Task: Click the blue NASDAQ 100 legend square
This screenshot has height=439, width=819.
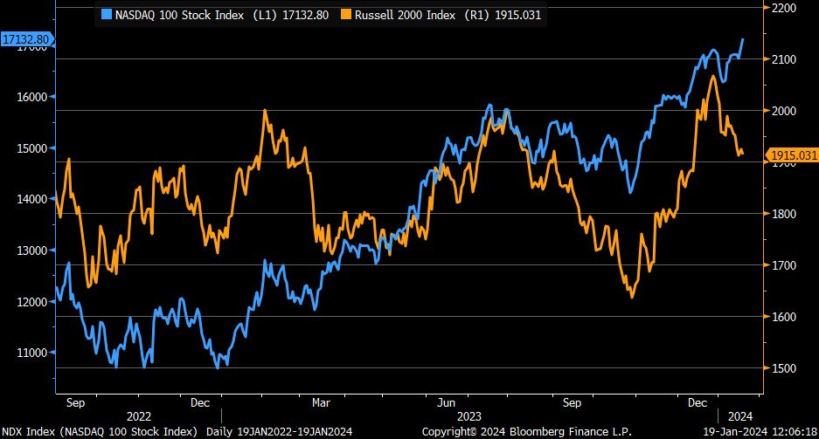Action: [x=107, y=14]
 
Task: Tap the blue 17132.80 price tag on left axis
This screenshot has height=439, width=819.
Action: [x=26, y=39]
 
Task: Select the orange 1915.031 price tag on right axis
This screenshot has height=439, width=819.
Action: [x=794, y=155]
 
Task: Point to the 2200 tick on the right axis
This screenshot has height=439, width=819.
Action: [x=781, y=8]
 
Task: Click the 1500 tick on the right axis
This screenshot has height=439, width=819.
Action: [x=781, y=368]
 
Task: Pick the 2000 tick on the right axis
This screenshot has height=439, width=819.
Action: [x=781, y=111]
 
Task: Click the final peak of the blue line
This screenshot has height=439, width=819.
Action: [x=743, y=38]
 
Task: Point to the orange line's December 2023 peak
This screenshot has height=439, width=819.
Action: [x=713, y=76]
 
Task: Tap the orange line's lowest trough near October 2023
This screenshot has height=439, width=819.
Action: [x=632, y=298]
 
